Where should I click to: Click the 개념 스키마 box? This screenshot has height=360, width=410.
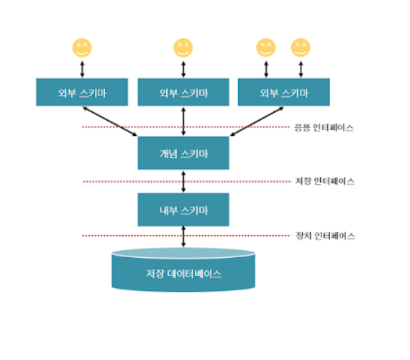(183, 153)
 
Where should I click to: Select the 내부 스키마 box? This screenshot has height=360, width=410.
(183, 210)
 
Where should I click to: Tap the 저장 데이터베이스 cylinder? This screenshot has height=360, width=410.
(183, 269)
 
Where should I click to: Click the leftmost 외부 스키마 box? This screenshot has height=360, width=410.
(82, 92)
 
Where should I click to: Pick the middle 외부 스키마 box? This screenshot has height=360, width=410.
(183, 92)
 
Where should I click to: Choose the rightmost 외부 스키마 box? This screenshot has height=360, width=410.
(283, 92)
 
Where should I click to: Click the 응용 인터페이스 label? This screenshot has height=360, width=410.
(324, 128)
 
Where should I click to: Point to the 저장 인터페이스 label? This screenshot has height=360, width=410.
(324, 181)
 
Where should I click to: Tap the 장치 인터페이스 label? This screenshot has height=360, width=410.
(325, 236)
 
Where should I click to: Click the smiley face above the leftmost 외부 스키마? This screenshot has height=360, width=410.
(82, 48)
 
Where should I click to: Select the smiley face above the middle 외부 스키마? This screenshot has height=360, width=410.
(183, 48)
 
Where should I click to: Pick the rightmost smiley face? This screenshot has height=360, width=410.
(301, 47)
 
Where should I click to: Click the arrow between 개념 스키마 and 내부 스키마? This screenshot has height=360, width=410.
(183, 182)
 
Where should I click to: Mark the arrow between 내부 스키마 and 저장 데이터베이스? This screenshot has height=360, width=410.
(183, 236)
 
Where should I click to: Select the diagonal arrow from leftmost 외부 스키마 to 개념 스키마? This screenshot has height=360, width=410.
(110, 121)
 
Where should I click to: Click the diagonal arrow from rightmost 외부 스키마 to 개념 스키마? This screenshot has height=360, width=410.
(257, 121)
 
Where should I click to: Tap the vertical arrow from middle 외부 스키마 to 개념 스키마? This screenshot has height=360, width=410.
(183, 121)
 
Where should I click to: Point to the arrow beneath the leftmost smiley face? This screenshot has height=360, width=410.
(82, 69)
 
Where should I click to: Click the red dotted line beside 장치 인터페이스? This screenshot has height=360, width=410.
(186, 236)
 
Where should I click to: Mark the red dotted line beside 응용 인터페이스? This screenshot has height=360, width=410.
(186, 127)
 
